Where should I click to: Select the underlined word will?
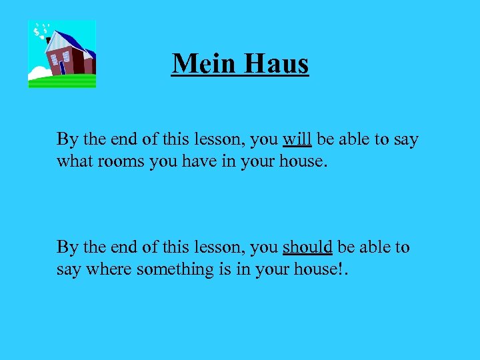coord(297,139)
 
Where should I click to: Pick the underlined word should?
coord(307,247)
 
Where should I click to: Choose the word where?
coord(108,270)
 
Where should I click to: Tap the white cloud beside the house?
coord(38,72)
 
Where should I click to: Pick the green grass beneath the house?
coord(61,81)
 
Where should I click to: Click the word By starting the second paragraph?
coord(67,247)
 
